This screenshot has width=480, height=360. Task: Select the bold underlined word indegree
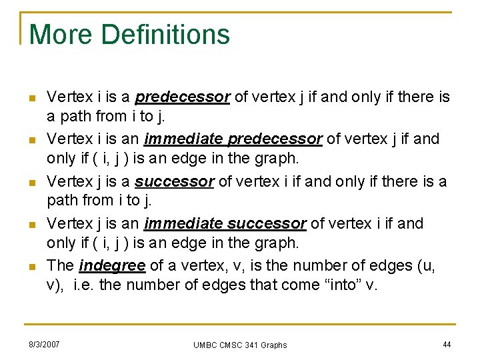pos(112,266)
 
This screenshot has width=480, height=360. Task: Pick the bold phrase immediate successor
pos(225,223)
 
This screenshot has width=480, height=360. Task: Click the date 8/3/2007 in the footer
pos(44,344)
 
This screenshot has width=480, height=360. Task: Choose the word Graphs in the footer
pos(275,345)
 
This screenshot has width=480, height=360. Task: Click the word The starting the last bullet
pos(61,266)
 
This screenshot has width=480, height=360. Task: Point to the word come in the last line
pos(299,285)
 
